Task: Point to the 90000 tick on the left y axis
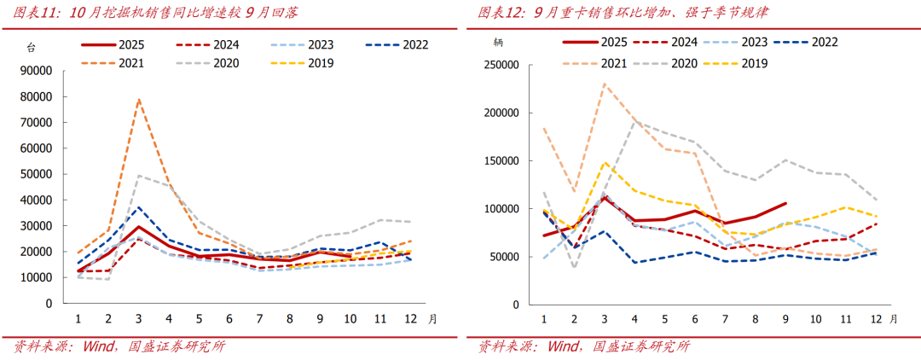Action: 37,71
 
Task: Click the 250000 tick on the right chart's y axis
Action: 500,65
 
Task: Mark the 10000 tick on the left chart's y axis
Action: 37,278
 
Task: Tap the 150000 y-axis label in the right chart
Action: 500,161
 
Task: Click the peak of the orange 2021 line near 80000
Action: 139,100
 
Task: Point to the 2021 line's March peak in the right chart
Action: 605,84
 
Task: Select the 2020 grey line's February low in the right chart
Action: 574,267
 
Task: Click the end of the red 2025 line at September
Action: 785,204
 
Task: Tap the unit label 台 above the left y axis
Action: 32,47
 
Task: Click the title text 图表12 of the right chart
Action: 498,13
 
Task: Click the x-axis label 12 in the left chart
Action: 409,319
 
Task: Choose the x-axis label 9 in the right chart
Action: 785,319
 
